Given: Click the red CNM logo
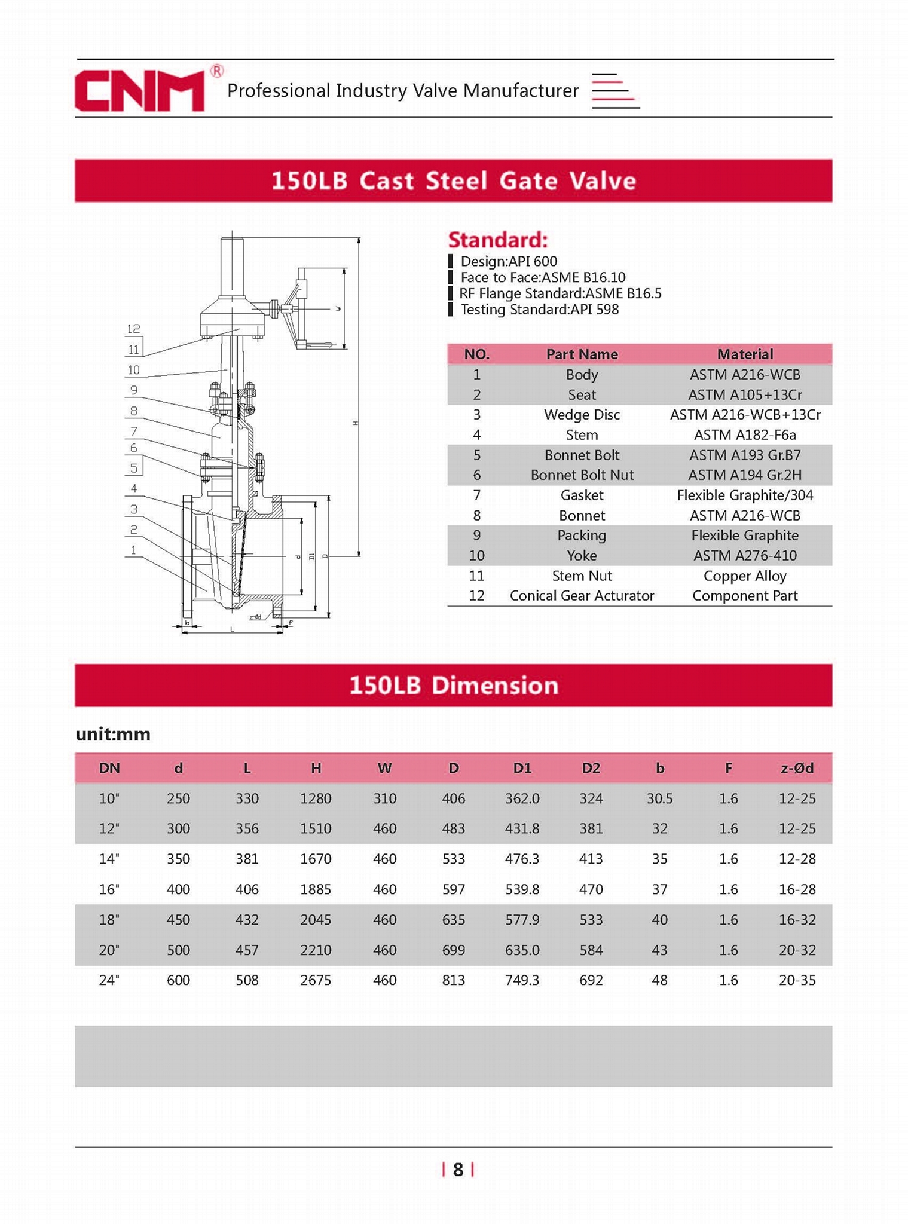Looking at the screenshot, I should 140,91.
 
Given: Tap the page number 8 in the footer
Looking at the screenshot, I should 458,1170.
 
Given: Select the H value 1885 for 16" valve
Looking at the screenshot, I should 316,889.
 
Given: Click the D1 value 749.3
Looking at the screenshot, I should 522,980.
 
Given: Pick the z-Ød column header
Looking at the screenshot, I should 797,768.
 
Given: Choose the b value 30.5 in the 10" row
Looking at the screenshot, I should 659,798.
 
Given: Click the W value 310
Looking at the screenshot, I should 384,798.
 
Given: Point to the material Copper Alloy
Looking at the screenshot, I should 744,576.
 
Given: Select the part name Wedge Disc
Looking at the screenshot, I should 582,415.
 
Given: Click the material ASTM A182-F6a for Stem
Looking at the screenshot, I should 744,435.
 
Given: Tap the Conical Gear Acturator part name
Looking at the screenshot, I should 582,596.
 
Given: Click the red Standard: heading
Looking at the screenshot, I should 497,240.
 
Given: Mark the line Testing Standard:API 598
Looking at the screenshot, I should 539,310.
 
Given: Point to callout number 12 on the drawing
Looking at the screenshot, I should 133,329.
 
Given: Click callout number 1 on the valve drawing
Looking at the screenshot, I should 133,550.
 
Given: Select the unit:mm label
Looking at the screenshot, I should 113,734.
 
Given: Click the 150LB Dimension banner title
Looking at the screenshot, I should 453,686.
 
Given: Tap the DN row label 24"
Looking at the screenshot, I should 109,980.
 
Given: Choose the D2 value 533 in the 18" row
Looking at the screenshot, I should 591,920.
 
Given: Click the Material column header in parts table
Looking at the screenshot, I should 744,354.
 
